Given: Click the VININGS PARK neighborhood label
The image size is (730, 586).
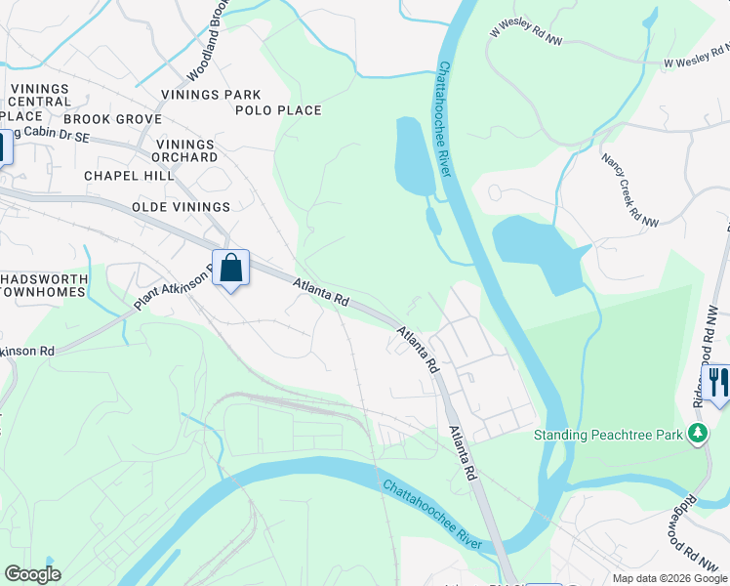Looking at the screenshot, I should pos(212,95).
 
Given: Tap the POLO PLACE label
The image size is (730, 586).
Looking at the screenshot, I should pos(278,110).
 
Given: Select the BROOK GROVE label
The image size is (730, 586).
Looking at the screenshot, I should pos(112,119).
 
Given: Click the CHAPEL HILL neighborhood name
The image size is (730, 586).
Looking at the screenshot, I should pos(128,176).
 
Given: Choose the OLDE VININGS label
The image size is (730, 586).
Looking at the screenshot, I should pos(181,207).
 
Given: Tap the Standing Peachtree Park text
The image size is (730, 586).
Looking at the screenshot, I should pos(606,434).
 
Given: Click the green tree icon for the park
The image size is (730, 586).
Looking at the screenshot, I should pos(698,433).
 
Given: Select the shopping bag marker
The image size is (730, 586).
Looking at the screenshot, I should pos(230,269).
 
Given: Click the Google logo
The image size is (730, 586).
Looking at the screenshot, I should pos(32,574).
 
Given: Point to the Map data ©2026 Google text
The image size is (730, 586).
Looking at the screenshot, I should pos(669,578).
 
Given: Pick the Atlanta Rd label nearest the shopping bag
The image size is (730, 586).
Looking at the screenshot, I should pos(321,293).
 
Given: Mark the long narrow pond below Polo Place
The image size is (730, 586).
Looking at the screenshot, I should pos(413,156).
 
